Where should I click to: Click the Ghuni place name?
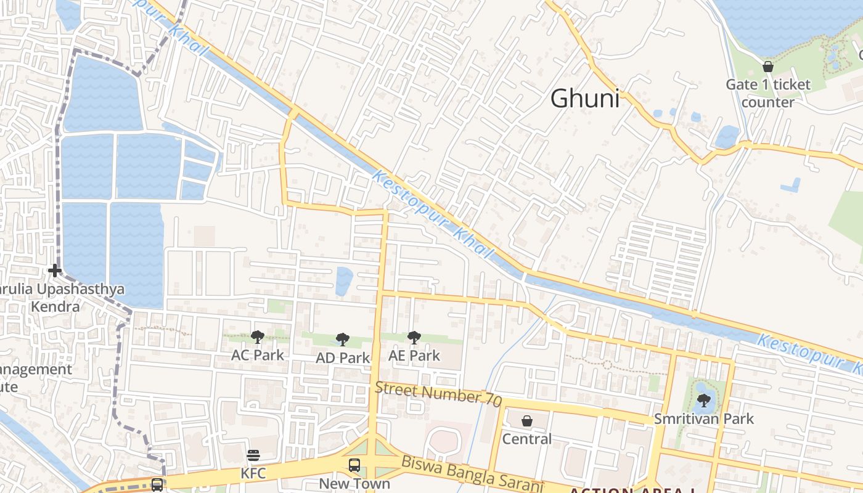pyautogui.click(x=584, y=99)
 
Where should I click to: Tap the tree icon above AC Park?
pyautogui.click(x=258, y=336)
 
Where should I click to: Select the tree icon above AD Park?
pyautogui.click(x=343, y=339)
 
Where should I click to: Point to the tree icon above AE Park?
pyautogui.click(x=414, y=337)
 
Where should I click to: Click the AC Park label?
pyautogui.click(x=258, y=355)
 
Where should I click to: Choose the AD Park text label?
pyautogui.click(x=343, y=357)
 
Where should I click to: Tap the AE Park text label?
pyautogui.click(x=414, y=356)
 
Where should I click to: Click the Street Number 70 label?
pyautogui.click(x=438, y=393)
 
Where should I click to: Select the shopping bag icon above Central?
pyautogui.click(x=527, y=421)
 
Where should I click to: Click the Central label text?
pyautogui.click(x=527, y=439)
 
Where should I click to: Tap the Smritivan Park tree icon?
pyautogui.click(x=704, y=401)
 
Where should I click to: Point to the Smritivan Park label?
pyautogui.click(x=704, y=419)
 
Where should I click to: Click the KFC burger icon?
pyautogui.click(x=253, y=455)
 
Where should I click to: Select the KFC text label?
pyautogui.click(x=253, y=473)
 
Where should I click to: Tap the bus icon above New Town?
pyautogui.click(x=354, y=465)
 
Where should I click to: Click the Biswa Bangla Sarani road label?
pyautogui.click(x=472, y=475)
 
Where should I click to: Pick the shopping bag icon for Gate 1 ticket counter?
pyautogui.click(x=768, y=66)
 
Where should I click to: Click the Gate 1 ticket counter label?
pyautogui.click(x=768, y=93)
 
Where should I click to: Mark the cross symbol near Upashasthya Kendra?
pyautogui.click(x=55, y=270)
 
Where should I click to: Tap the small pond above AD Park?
pyautogui.click(x=344, y=280)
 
